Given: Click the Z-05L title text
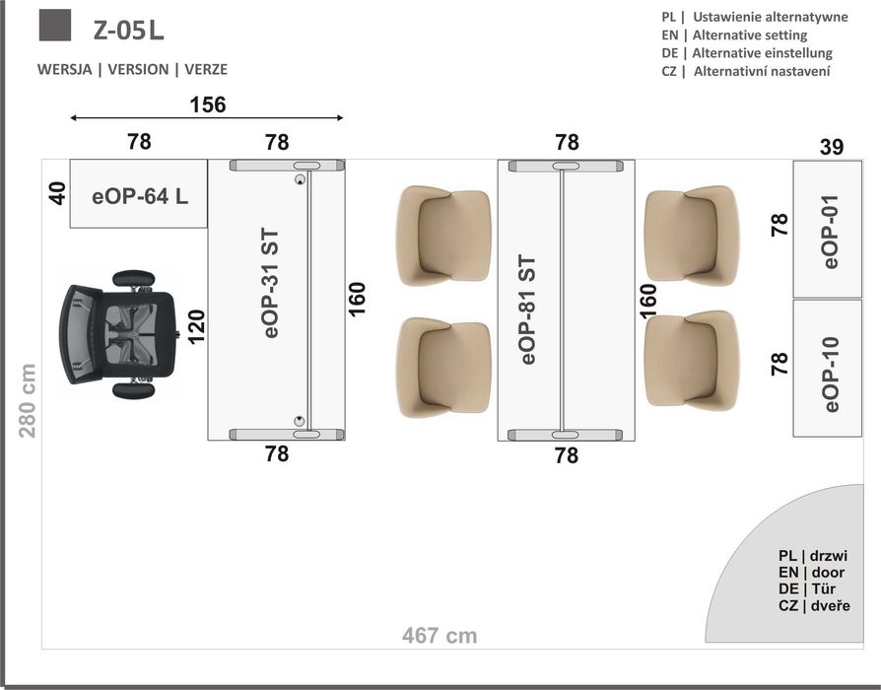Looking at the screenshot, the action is (x=129, y=30).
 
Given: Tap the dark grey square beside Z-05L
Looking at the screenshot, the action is (x=55, y=26).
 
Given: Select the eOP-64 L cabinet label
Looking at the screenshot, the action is (x=140, y=196).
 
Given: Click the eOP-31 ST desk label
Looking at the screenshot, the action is (x=271, y=283).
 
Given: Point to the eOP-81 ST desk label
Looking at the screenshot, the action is (x=528, y=310).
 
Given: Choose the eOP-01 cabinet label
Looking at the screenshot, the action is (x=831, y=232).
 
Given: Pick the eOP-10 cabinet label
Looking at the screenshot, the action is (x=831, y=375).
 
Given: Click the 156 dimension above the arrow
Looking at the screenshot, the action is (x=208, y=105).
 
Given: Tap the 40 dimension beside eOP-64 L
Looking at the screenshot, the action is (x=58, y=193).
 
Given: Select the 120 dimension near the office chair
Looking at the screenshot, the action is (x=197, y=326).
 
